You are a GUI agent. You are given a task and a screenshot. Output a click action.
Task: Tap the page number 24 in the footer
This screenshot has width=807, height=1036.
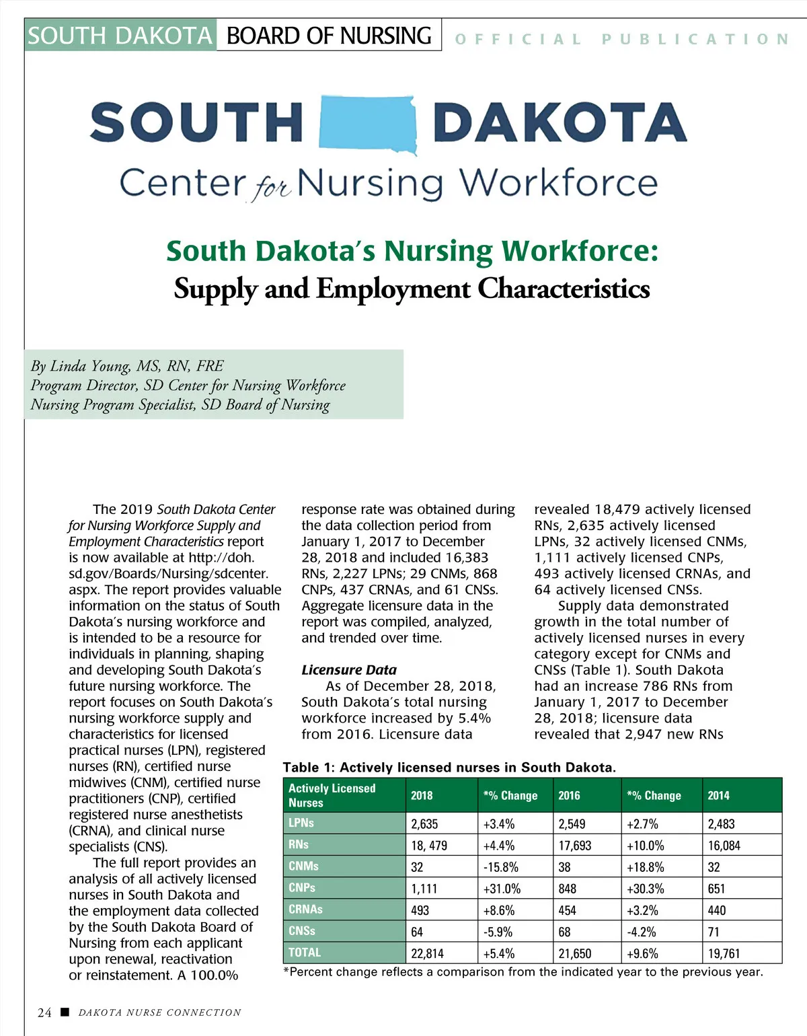44,1012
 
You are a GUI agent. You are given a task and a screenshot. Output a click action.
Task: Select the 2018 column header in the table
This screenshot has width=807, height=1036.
422,795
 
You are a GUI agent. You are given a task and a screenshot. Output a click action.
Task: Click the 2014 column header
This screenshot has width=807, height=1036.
718,795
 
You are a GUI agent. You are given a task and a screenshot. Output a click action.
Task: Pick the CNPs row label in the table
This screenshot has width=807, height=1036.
302,888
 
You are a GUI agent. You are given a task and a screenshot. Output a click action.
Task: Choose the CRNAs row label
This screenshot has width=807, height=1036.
305,910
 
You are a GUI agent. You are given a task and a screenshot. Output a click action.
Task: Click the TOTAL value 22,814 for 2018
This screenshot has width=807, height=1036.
427,953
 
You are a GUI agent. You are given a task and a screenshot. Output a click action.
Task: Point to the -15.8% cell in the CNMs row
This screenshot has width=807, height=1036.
501,867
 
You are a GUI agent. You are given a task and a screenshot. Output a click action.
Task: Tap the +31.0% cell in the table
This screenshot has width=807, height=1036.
502,889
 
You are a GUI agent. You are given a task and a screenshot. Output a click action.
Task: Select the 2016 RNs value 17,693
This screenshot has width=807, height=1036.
574,846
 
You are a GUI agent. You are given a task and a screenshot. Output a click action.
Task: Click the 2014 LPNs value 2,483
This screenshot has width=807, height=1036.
721,824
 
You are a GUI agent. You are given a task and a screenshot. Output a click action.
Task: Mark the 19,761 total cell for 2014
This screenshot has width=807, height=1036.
724,953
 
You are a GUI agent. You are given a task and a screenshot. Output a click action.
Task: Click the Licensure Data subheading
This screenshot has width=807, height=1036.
349,670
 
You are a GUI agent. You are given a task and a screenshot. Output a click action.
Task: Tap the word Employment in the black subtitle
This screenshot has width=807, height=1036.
393,289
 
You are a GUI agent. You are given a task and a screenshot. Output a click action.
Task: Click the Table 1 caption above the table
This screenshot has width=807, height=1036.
449,768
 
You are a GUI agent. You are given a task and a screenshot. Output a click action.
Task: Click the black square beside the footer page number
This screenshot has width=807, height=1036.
65,1012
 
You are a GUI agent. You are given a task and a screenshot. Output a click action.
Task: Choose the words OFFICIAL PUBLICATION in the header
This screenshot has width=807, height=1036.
621,39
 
